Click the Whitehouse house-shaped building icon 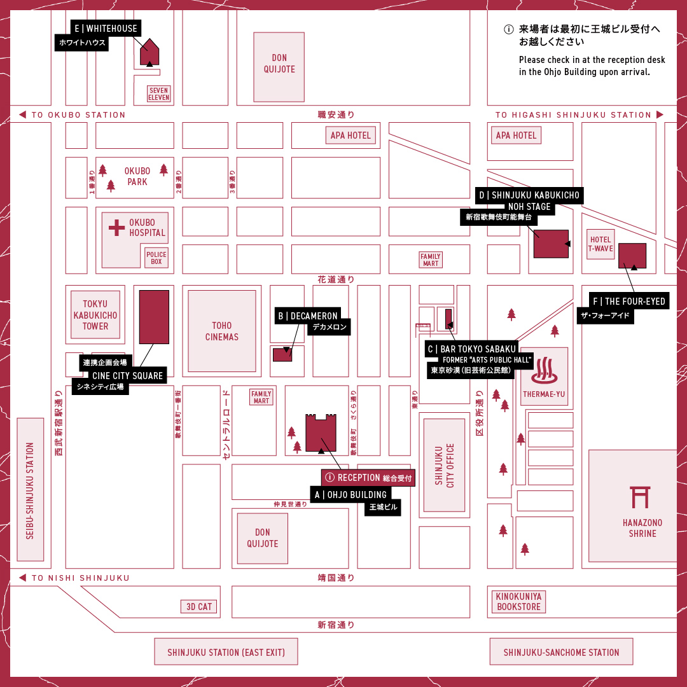[x=149, y=52]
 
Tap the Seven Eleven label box [x=159, y=94]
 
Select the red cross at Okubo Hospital [x=116, y=227]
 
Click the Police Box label [x=156, y=258]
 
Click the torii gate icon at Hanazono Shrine [x=640, y=498]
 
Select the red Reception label [x=368, y=478]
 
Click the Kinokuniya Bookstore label [x=518, y=602]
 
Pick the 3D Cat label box [x=199, y=607]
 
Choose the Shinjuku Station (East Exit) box [x=226, y=652]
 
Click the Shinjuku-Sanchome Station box [x=561, y=652]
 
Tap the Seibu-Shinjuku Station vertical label [x=30, y=490]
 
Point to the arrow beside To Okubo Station [x=22, y=115]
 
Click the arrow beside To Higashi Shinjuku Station [x=660, y=115]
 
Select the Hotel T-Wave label [x=600, y=245]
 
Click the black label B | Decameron [x=308, y=316]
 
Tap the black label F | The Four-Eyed [x=628, y=302]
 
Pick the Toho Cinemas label [x=222, y=331]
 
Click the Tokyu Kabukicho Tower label [x=95, y=315]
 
